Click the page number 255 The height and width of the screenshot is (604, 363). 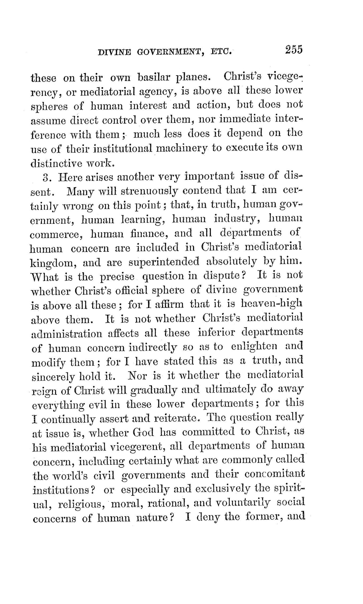(x=294, y=49)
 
